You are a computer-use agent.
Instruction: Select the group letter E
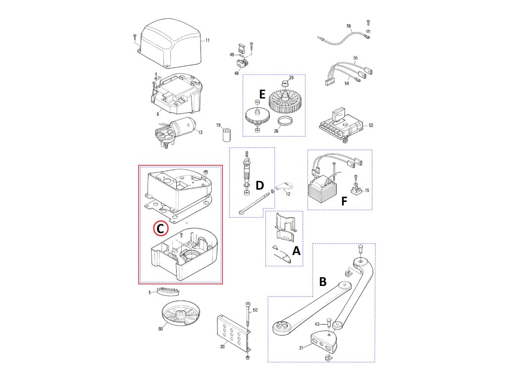(x=262, y=95)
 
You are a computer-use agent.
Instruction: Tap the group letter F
(x=345, y=201)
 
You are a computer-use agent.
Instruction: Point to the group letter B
(x=323, y=282)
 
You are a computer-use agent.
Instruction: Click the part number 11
(x=207, y=41)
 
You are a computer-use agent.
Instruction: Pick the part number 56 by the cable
(x=349, y=26)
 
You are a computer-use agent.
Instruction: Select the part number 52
(x=371, y=125)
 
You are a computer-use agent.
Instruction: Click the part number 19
(x=218, y=125)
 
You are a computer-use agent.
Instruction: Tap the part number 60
(x=160, y=329)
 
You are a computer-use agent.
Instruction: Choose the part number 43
(x=317, y=324)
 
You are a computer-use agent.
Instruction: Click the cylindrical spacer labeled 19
(x=227, y=135)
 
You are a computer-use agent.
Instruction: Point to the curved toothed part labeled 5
(x=168, y=290)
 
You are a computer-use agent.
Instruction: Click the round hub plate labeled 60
(x=181, y=313)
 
